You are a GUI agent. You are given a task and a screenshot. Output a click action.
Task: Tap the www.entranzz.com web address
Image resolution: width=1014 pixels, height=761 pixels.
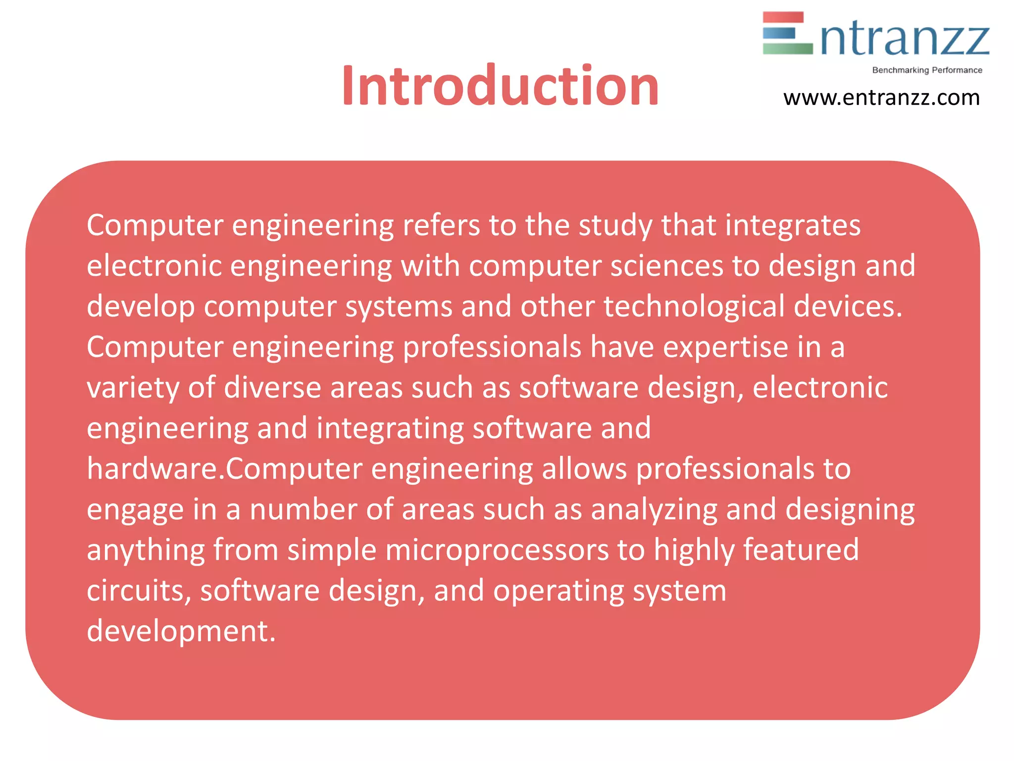pos(881,98)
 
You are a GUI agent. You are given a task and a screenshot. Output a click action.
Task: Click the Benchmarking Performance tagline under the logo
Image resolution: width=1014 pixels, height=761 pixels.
pos(927,70)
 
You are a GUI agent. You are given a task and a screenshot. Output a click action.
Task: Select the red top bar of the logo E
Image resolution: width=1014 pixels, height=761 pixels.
pos(783,17)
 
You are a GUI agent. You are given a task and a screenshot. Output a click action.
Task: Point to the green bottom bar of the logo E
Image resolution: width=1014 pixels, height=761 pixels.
pos(787,49)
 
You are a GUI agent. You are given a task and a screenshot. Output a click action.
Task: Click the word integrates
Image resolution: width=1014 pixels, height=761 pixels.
pos(793,225)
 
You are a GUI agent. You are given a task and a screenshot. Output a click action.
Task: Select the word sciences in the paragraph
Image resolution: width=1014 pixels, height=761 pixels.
pos(666,266)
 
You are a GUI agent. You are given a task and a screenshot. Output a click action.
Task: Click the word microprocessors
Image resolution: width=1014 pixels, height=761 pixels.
pos(497,550)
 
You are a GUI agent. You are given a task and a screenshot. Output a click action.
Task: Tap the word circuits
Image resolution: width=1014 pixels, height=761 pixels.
pos(139,591)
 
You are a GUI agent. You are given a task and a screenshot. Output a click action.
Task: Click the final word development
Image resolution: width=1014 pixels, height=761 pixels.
pos(181,632)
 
